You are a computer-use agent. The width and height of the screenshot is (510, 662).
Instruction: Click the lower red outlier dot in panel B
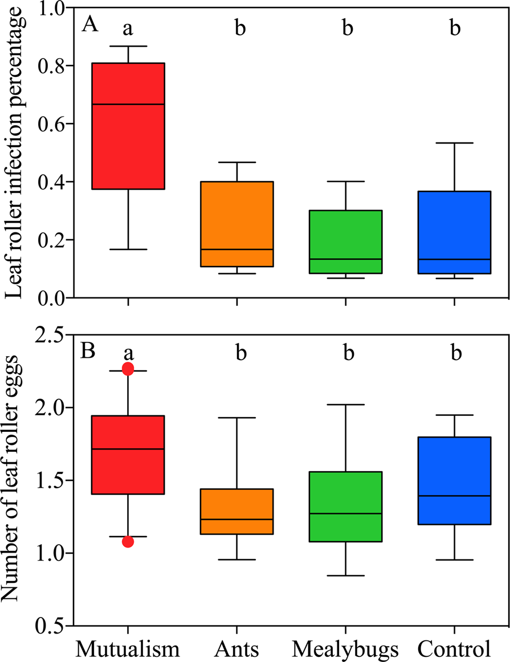tap(128, 541)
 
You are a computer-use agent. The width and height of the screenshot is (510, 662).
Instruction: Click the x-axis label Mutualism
tap(128, 648)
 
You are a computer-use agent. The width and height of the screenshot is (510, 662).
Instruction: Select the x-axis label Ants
tap(237, 648)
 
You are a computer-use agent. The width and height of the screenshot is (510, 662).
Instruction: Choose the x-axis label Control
tap(454, 648)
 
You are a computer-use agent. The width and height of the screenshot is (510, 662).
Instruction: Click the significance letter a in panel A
tap(128, 28)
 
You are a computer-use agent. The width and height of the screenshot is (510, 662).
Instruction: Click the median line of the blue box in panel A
tap(454, 259)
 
